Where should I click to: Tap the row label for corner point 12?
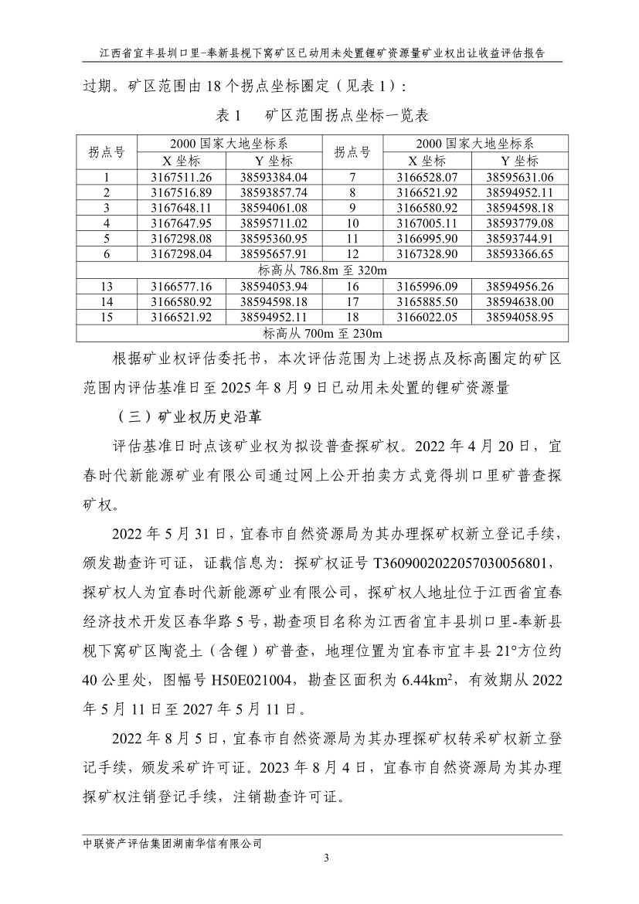[352, 253]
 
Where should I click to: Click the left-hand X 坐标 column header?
[181, 161]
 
